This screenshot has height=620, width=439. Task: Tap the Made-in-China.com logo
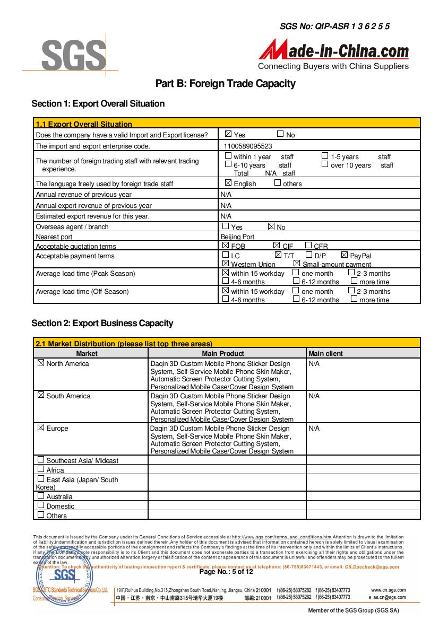point(334,54)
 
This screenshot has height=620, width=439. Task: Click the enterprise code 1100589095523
point(248,146)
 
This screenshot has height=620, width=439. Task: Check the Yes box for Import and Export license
point(228,134)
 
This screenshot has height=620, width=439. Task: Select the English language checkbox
point(228,183)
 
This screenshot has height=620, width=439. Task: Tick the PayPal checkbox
point(345,255)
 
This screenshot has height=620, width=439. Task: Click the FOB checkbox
point(226,246)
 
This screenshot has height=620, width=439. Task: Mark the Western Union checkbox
point(226,264)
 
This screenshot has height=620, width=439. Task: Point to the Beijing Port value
point(237,237)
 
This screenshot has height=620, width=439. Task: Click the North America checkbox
point(41,363)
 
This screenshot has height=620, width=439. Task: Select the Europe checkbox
point(41,428)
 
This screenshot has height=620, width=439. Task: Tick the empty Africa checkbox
point(41,469)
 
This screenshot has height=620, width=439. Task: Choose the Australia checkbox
point(41,496)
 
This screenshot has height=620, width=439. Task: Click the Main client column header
point(325,353)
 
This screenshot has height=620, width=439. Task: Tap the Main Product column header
point(223,353)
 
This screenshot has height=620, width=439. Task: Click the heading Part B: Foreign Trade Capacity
point(225,84)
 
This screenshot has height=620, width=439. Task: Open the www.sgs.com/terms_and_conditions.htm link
point(282,537)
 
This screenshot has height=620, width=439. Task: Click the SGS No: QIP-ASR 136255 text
point(334,26)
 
